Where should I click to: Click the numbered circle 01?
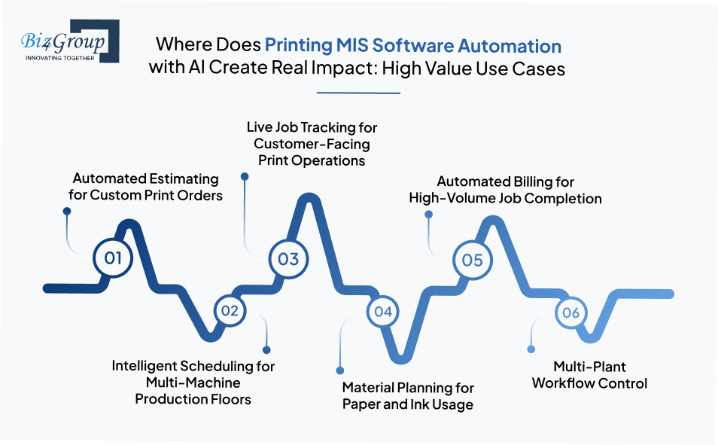pos(114,258)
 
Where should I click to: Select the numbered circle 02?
pos(230,310)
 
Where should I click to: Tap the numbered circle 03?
pos(288,259)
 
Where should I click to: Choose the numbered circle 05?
pos(472,260)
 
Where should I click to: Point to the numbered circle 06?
pos(570,312)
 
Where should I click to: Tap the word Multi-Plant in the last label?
pos(589,367)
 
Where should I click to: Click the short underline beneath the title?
pos(358,93)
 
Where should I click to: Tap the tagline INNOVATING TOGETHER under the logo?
pos(59,57)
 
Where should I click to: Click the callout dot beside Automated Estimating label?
pos(65,212)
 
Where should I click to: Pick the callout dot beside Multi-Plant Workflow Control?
pos(531,349)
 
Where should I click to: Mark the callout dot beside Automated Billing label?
pos(429,215)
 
